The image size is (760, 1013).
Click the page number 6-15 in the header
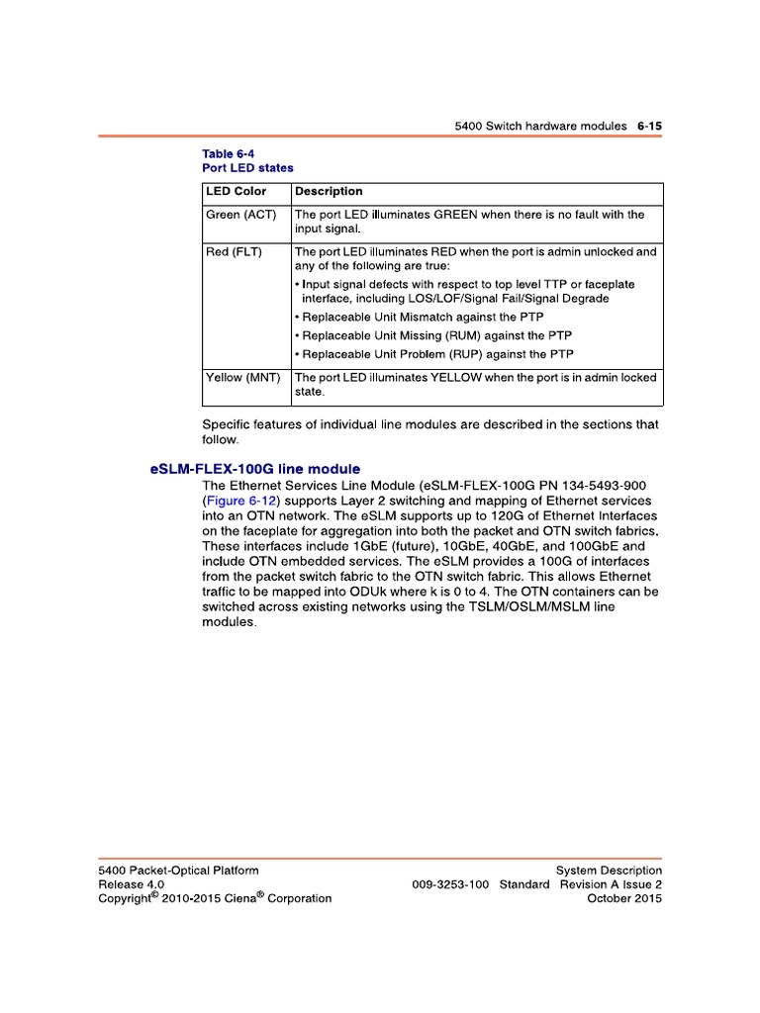coord(649,127)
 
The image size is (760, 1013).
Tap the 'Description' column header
coord(329,191)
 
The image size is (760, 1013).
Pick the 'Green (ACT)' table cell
coord(241,214)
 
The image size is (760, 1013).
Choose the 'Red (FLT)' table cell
coord(234,251)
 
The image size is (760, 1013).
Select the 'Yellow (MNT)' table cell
coord(243,377)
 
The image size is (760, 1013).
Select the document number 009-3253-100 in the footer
coord(450,884)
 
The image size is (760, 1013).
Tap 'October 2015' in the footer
coord(624,898)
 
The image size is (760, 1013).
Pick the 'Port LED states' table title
coord(247,168)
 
